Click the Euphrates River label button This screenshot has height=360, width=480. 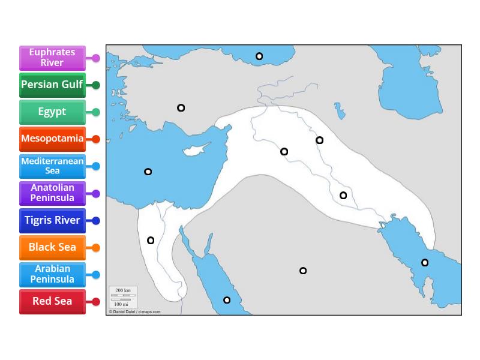coord(52,58)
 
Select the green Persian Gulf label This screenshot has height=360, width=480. coord(52,85)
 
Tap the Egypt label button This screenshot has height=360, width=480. coord(52,112)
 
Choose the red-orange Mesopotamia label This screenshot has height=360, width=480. coord(52,139)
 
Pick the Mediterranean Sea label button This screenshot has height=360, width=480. coord(52,166)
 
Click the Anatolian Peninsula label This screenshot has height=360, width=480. coord(52,193)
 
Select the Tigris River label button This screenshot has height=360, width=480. coord(52,220)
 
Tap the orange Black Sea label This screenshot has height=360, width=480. coord(52,247)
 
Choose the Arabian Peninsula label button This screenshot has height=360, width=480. coord(52,274)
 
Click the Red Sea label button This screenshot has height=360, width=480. coord(52,301)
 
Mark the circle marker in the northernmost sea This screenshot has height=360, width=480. coord(259,56)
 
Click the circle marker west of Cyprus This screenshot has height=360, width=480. coord(148,172)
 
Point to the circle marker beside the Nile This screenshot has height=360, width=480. coord(151,241)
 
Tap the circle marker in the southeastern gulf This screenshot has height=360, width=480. coord(425,262)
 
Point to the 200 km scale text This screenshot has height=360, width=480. coord(123,290)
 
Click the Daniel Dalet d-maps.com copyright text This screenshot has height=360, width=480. coord(134,312)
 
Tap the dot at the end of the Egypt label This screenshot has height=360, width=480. coord(96,112)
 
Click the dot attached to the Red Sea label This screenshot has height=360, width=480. coord(96,301)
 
